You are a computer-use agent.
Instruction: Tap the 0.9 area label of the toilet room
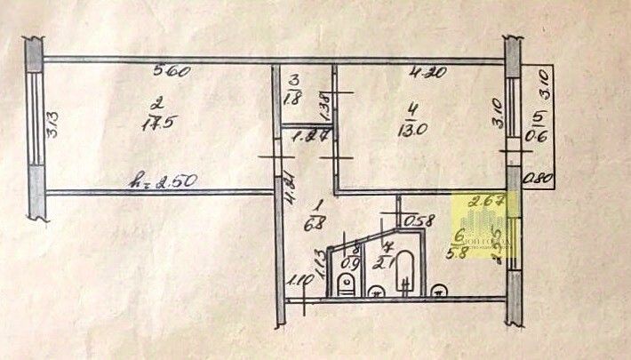tap(352, 262)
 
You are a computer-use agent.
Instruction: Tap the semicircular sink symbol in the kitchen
tap(439, 290)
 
